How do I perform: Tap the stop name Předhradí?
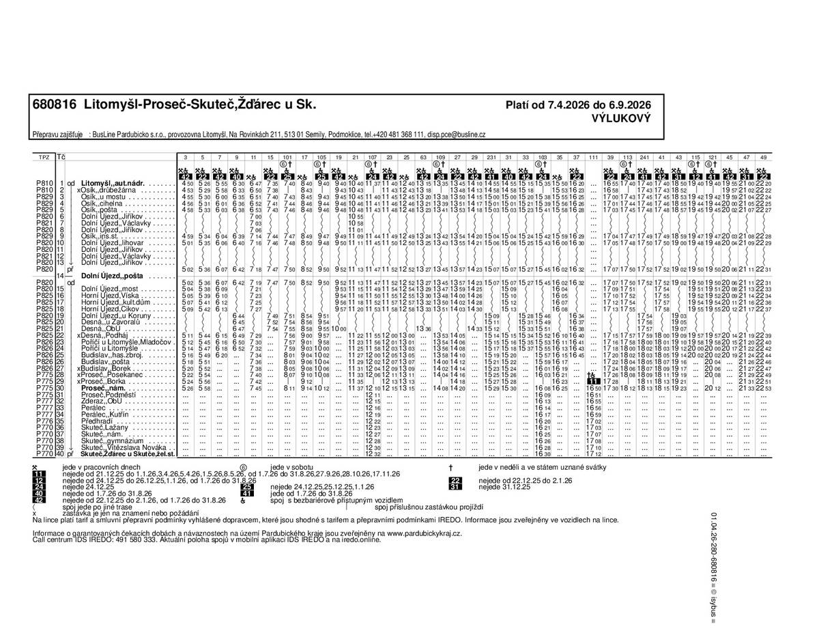pyautogui.click(x=96, y=421)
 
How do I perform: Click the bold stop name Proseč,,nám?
pyautogui.click(x=102, y=389)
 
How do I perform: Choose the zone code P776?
pyautogui.click(x=44, y=421)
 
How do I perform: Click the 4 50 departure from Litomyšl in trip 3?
pyautogui.click(x=188, y=184)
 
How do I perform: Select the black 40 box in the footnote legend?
pyautogui.click(x=38, y=493)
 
